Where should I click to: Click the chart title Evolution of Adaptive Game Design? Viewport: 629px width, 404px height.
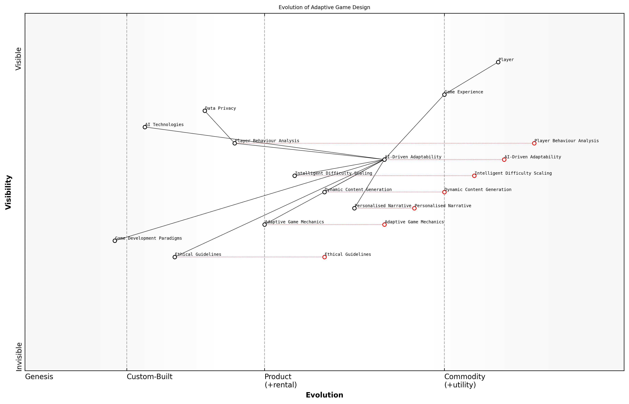324,7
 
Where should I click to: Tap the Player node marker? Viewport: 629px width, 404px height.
498,62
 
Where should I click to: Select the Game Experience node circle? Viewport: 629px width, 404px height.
444,95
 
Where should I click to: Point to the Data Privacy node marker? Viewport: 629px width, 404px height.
205,111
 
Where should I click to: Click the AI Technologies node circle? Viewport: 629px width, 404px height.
145,127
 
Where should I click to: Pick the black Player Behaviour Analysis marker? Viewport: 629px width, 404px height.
235,143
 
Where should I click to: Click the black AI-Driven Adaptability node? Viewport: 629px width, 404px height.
384,160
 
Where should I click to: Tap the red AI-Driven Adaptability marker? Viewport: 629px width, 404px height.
504,160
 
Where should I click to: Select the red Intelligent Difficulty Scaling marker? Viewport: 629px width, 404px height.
474,176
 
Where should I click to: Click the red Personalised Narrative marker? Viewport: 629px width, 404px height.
414,208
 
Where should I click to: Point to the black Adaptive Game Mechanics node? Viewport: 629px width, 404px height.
265,225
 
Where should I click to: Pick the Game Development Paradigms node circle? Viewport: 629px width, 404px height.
115,241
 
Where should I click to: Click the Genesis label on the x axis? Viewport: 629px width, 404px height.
39,377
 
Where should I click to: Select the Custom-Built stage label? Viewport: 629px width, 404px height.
149,377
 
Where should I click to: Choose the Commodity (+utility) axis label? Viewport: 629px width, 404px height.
464,381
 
